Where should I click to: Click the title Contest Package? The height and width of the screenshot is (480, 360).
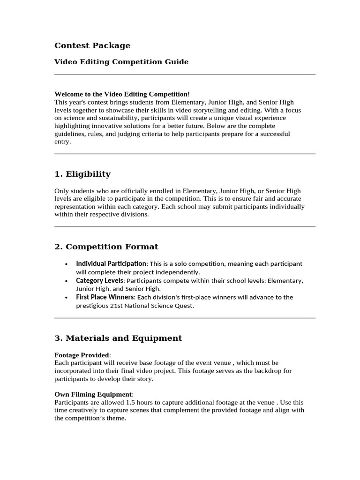(x=92, y=45)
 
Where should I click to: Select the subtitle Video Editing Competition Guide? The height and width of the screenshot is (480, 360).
(x=121, y=62)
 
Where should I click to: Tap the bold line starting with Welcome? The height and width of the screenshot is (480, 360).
(x=122, y=94)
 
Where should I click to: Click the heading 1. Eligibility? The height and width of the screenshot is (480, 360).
(x=82, y=174)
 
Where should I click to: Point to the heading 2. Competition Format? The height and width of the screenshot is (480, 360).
(x=106, y=247)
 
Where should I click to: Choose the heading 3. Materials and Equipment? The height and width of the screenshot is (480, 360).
(x=118, y=338)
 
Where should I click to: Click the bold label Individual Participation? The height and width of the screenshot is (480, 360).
(x=111, y=263)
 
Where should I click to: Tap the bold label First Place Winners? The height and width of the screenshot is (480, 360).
(x=105, y=297)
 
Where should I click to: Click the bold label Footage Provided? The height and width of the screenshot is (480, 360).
(x=82, y=355)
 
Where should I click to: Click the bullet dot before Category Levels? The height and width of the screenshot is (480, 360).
(x=67, y=281)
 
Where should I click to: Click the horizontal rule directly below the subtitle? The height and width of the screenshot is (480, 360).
(x=185, y=74)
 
